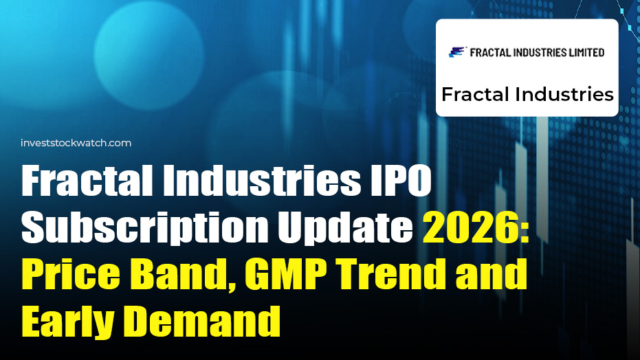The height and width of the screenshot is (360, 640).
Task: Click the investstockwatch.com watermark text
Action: [x=76, y=143]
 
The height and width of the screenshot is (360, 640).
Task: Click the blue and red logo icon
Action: [x=457, y=52]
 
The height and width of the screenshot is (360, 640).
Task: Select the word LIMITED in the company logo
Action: [x=582, y=52]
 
